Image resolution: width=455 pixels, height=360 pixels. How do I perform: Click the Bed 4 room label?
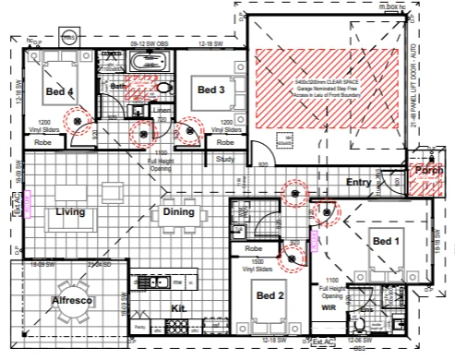(59, 90)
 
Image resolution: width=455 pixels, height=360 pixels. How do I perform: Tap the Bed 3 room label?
(210, 90)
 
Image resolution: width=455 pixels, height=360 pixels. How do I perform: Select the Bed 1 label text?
(386, 240)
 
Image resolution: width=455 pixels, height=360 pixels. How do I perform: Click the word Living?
(70, 212)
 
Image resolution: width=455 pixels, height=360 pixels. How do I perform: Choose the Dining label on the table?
(178, 212)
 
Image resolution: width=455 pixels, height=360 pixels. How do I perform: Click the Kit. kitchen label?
(180, 309)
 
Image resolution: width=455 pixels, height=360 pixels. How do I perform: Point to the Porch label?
(427, 171)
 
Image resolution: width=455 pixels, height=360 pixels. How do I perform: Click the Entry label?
(358, 183)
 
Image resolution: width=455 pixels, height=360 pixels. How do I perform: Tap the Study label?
(226, 159)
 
